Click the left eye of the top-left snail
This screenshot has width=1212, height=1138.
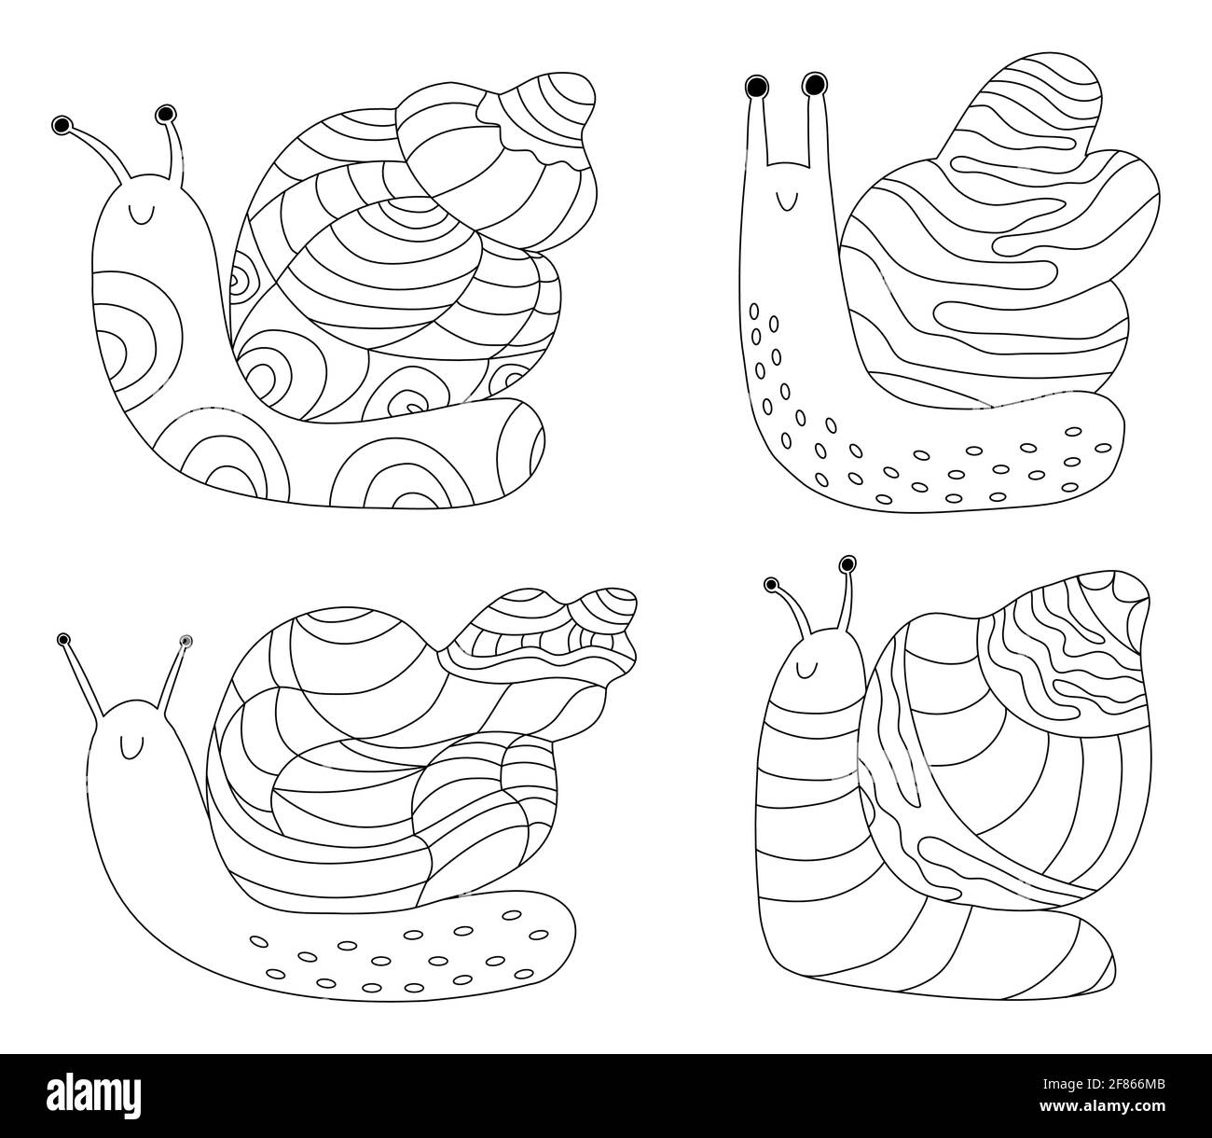tap(62, 125)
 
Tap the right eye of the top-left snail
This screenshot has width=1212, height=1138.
tap(166, 115)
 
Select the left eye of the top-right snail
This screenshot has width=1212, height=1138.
tap(755, 88)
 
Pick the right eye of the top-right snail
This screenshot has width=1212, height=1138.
tap(814, 85)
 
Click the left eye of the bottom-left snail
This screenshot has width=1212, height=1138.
tap(63, 639)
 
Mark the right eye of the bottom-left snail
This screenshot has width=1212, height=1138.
tap(186, 641)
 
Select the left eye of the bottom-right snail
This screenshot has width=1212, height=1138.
tap(771, 585)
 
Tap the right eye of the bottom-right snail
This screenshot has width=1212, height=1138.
tap(847, 563)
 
